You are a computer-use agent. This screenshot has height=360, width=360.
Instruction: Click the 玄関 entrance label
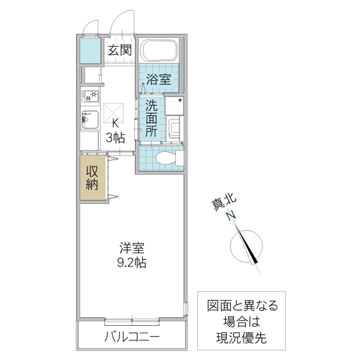[119, 50]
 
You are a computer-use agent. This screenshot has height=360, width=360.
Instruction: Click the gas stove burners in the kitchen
[90, 96]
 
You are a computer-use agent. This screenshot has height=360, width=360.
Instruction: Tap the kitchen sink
[89, 121]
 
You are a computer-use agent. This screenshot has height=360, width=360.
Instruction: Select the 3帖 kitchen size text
[115, 137]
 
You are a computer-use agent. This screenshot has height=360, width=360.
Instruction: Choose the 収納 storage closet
[92, 178]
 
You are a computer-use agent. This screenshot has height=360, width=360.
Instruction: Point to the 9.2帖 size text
[133, 262]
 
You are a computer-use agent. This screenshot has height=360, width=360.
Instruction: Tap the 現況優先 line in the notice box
[242, 338]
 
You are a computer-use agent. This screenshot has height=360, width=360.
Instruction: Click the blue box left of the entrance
[91, 52]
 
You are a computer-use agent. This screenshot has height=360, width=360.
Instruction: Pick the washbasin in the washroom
[174, 128]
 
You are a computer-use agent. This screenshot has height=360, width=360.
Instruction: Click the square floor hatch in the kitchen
[113, 112]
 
